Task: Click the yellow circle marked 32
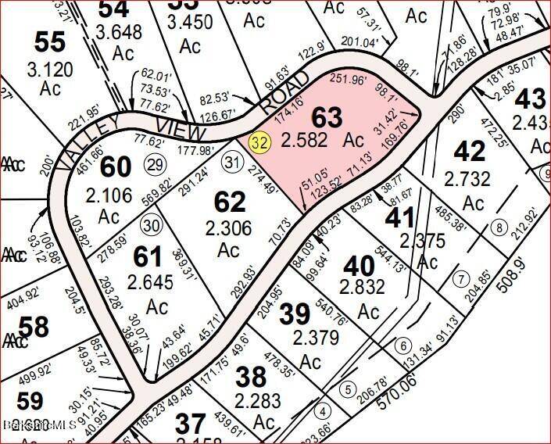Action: tap(259, 142)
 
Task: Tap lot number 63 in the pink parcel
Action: tap(327, 118)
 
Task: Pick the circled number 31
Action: tap(230, 162)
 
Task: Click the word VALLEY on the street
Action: tap(85, 143)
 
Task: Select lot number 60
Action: tap(116, 166)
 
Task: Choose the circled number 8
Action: tap(498, 228)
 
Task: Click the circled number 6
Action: tap(403, 346)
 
